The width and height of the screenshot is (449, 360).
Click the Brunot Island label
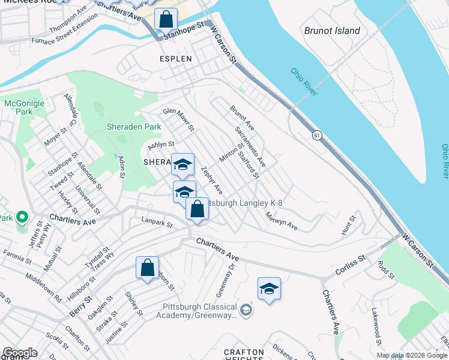(x=332, y=31)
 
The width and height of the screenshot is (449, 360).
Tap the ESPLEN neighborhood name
(x=175, y=59)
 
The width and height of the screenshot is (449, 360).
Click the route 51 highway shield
(x=316, y=136)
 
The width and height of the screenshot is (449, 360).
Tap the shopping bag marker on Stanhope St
(x=166, y=19)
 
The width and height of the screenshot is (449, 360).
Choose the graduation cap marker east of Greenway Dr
(x=270, y=289)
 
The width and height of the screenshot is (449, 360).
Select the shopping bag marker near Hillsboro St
(x=147, y=268)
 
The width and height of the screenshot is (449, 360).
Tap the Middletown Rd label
(x=43, y=287)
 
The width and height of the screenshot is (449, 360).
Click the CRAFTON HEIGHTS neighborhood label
(x=244, y=355)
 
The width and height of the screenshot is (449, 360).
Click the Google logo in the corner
(x=20, y=353)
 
